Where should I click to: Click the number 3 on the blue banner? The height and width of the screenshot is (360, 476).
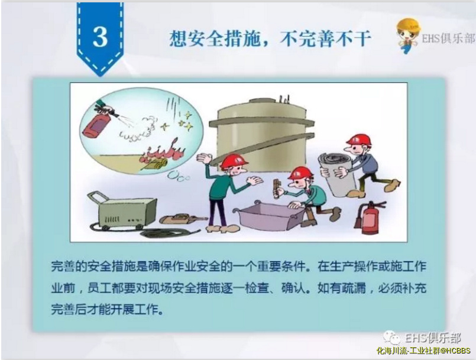point(100,37)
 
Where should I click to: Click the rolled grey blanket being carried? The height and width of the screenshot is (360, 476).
point(337,173)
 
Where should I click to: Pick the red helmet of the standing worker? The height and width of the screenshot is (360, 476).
point(233,162)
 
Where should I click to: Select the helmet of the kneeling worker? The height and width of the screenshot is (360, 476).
point(300,173)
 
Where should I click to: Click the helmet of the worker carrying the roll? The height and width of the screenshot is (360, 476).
point(359,140)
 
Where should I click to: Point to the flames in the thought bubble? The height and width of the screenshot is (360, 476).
point(164,152)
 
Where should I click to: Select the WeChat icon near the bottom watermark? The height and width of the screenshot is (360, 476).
point(391,338)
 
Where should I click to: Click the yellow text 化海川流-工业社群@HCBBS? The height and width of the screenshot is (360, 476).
point(423,351)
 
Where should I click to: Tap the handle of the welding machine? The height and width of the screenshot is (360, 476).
point(98,196)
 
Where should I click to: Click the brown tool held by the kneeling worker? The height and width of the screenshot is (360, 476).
point(277,189)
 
